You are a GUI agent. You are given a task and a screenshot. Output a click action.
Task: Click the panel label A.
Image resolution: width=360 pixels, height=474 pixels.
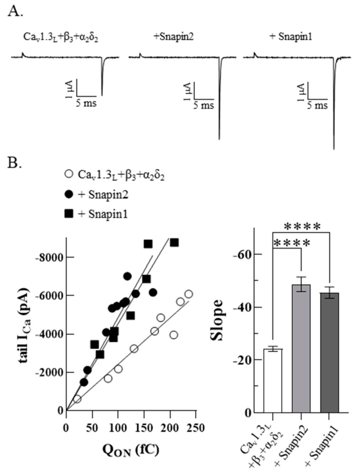[x=16, y=12]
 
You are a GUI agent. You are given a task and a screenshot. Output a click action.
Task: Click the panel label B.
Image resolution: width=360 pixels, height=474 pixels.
[x=16, y=165]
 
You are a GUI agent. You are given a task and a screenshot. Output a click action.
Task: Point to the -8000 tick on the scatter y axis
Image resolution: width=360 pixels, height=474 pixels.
[x=51, y=258]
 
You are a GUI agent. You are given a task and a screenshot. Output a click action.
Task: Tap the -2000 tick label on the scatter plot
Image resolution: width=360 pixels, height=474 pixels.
[x=51, y=372]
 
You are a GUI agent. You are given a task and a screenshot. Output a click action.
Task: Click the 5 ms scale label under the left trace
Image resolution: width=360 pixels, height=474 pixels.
[x=87, y=103]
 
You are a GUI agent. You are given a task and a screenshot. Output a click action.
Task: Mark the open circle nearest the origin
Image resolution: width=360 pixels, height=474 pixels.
[x=77, y=399]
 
